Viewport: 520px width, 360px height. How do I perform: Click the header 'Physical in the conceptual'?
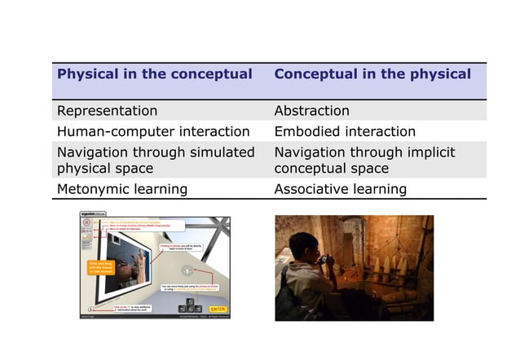pos(155,74)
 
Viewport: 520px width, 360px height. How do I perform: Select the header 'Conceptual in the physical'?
pos(372,74)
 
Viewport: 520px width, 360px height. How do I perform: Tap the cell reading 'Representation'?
pos(107,111)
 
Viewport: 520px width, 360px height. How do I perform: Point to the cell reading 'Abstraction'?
pos(312,111)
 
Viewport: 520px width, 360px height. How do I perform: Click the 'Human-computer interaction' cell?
pos(153,131)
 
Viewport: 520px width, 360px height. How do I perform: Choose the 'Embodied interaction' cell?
pos(345,131)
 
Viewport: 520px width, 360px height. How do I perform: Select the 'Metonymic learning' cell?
pos(121,189)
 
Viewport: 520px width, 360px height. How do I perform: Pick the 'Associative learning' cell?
pos(340,189)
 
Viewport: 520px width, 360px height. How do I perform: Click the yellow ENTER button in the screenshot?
pos(218,310)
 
